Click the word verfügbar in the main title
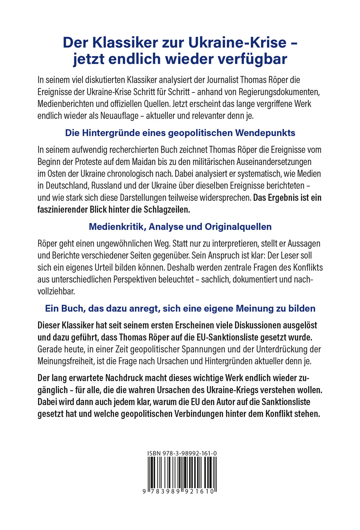coord(252,59)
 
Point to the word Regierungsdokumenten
coord(279,92)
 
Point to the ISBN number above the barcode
coord(182,453)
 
